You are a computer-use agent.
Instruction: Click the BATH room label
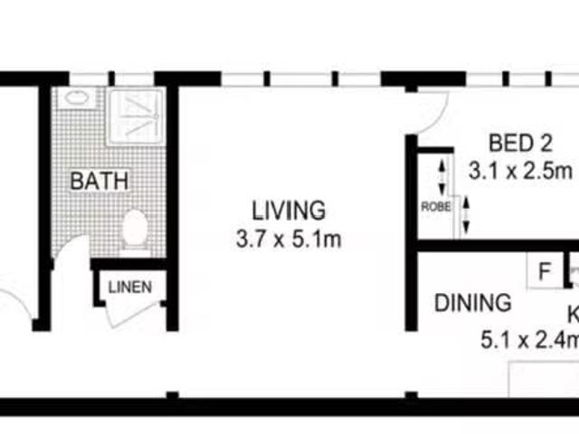coord(100,181)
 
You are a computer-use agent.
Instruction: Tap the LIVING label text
coord(288,212)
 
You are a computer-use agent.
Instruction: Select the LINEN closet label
coord(130,288)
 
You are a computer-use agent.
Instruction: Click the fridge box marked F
coord(544,269)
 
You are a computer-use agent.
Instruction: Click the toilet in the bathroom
coord(134,229)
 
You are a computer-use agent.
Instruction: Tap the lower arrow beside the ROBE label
coord(466,215)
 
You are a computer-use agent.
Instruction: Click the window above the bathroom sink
coord(86,78)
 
